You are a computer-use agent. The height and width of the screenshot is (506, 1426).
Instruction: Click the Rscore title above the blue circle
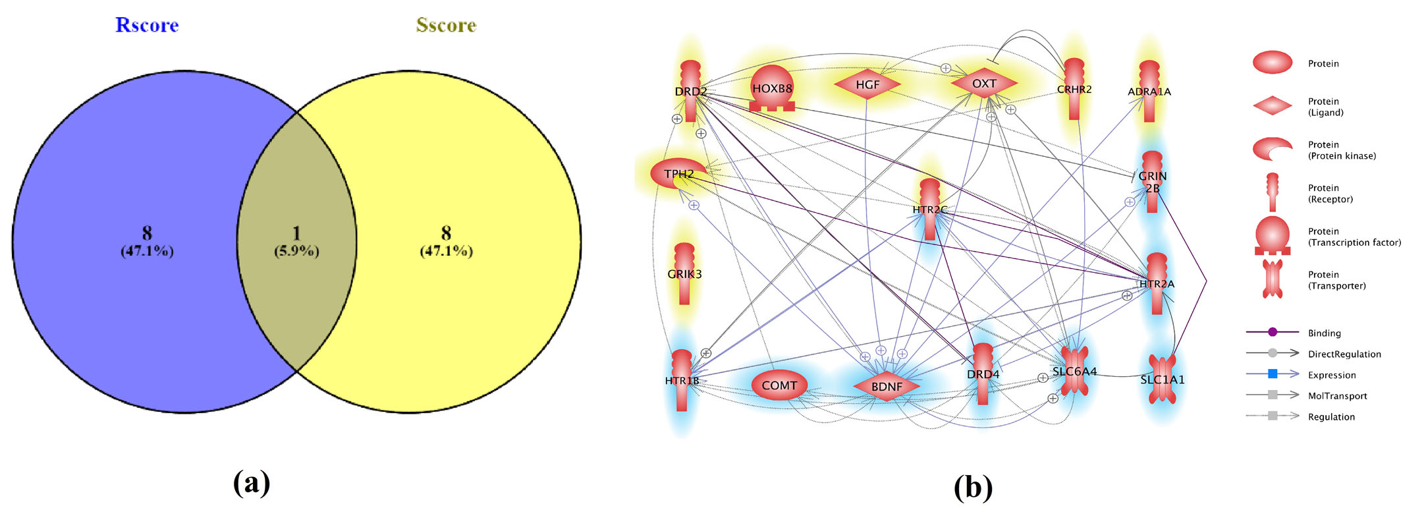tap(147, 25)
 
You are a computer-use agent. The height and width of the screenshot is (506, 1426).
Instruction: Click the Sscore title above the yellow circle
tap(446, 25)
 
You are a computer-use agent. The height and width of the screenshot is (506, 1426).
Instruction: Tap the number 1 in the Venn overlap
tap(296, 233)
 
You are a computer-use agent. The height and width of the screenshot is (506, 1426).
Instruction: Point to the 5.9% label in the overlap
tap(296, 251)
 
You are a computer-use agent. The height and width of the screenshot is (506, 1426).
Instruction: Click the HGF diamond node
tap(867, 84)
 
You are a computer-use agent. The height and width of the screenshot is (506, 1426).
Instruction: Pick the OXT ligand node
tap(984, 84)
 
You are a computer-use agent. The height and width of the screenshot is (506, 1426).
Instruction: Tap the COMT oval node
tap(779, 385)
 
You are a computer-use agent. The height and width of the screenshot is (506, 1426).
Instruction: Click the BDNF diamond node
tap(887, 387)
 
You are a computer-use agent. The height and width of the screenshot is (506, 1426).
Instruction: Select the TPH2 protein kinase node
tap(678, 174)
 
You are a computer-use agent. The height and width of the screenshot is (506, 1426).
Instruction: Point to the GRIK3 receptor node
tap(684, 274)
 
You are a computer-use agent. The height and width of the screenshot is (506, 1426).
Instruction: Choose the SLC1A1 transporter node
tap(1162, 379)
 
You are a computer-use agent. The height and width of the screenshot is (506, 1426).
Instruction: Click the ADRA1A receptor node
tap(1149, 92)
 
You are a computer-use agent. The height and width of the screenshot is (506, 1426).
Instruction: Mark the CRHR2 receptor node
tap(1074, 90)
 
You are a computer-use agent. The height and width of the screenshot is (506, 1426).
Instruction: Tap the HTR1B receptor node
tap(682, 381)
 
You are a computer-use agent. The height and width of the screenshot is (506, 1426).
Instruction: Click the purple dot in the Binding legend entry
tap(1273, 332)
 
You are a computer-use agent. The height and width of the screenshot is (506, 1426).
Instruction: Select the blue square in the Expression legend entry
tap(1273, 374)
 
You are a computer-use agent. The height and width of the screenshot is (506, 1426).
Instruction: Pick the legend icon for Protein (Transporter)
tap(1273, 279)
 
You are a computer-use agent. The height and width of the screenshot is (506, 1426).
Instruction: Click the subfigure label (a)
tap(252, 483)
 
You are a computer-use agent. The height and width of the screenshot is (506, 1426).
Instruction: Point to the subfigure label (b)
tap(973, 487)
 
